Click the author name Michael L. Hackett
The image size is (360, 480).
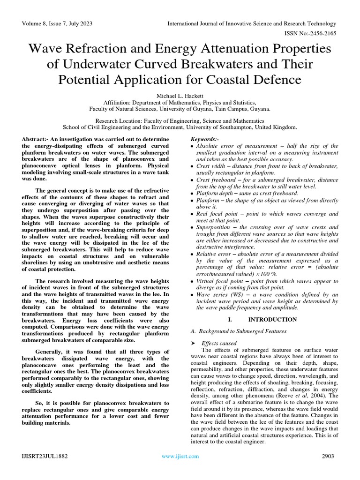pyautogui.click(x=180, y=95)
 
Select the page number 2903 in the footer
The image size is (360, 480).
pyautogui.click(x=328, y=456)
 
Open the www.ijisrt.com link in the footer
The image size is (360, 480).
pyautogui.click(x=180, y=456)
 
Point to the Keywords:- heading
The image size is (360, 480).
pyautogui.click(x=205, y=140)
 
